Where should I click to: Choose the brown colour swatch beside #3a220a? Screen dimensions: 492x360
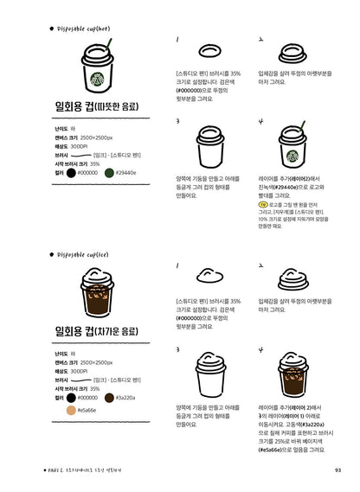[x=110, y=397]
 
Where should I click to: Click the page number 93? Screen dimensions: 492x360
[x=337, y=470]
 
